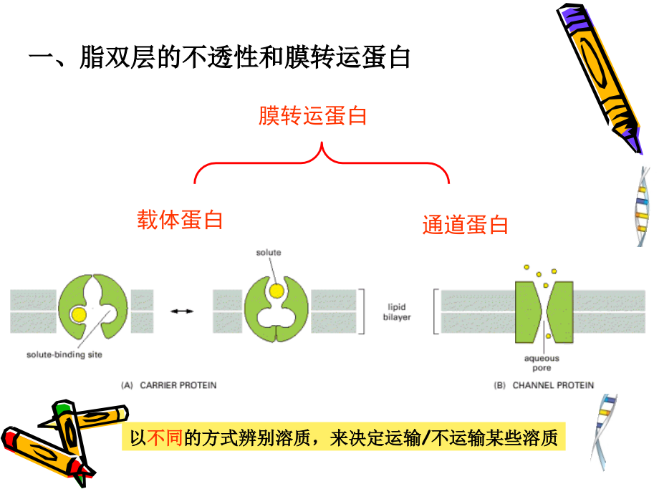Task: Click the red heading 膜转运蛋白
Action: [x=312, y=115]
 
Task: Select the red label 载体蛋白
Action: [x=180, y=219]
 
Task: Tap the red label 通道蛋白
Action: [x=465, y=225]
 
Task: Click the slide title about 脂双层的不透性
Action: [x=218, y=57]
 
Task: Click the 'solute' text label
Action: [x=269, y=253]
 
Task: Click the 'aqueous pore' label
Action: [x=542, y=363]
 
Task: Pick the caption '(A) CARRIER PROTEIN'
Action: [x=168, y=385]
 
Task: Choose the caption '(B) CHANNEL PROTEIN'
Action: [x=544, y=385]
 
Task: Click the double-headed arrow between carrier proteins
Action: [x=182, y=311]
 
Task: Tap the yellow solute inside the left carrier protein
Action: [x=79, y=313]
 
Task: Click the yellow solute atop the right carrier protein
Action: [x=276, y=290]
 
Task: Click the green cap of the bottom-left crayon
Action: [x=64, y=410]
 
